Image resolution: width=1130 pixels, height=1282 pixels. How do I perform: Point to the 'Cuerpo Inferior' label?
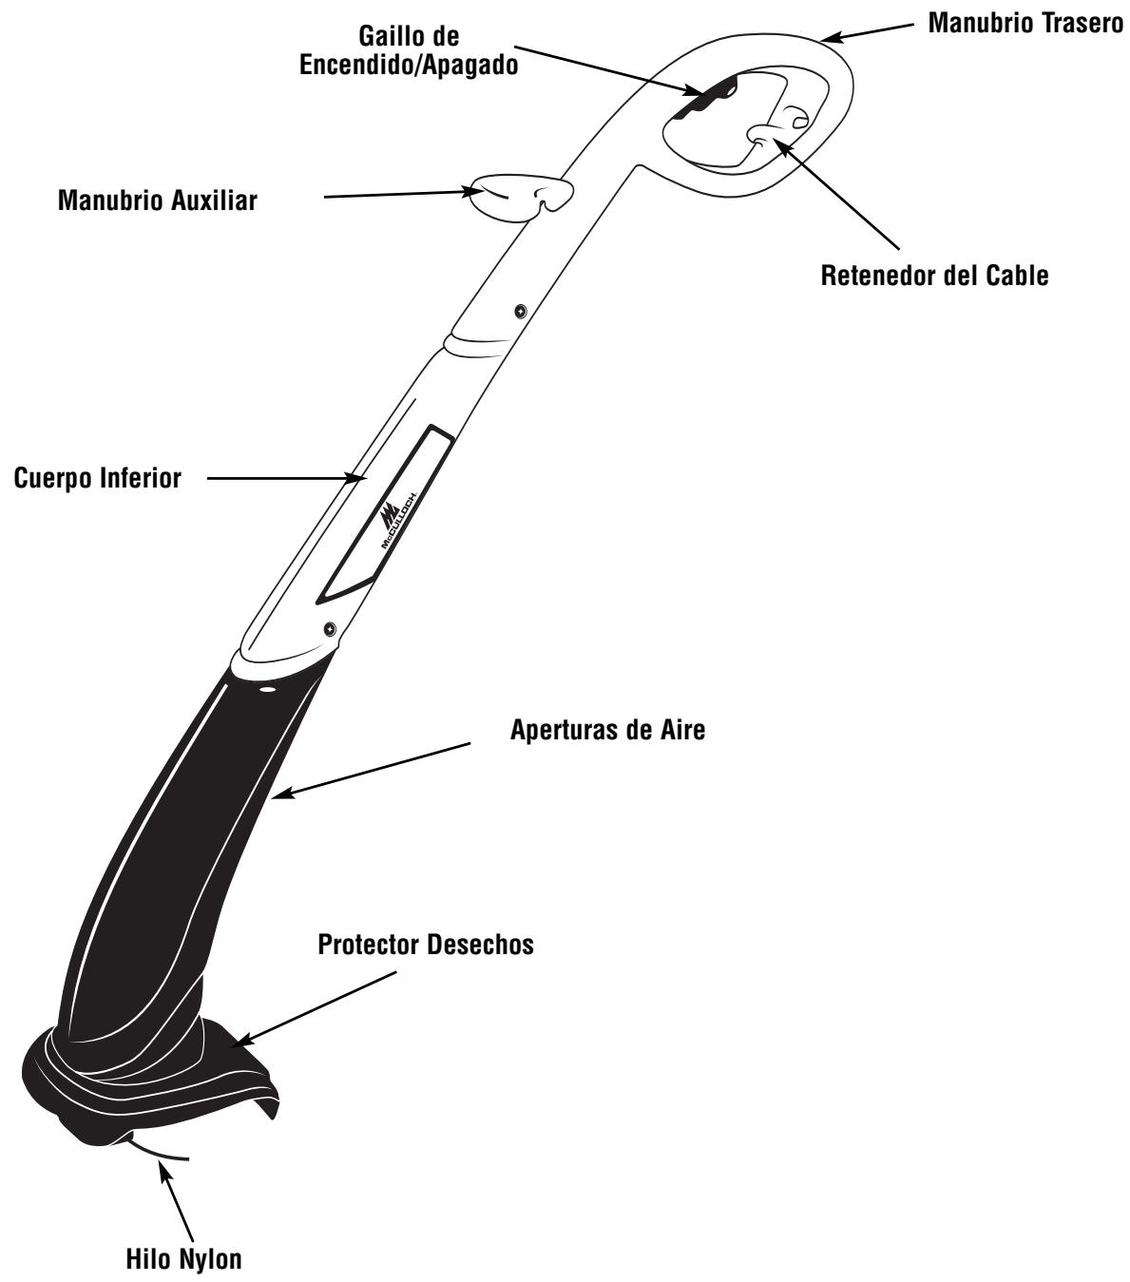pos(97,479)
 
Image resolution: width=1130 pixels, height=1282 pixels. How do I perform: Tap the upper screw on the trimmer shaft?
pos(520,311)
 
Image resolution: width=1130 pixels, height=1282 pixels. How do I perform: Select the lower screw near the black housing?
pos(330,627)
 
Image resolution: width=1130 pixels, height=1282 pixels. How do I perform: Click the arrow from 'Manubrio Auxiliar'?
pos(399,195)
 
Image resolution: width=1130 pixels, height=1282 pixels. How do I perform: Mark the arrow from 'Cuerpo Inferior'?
pos(285,478)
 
